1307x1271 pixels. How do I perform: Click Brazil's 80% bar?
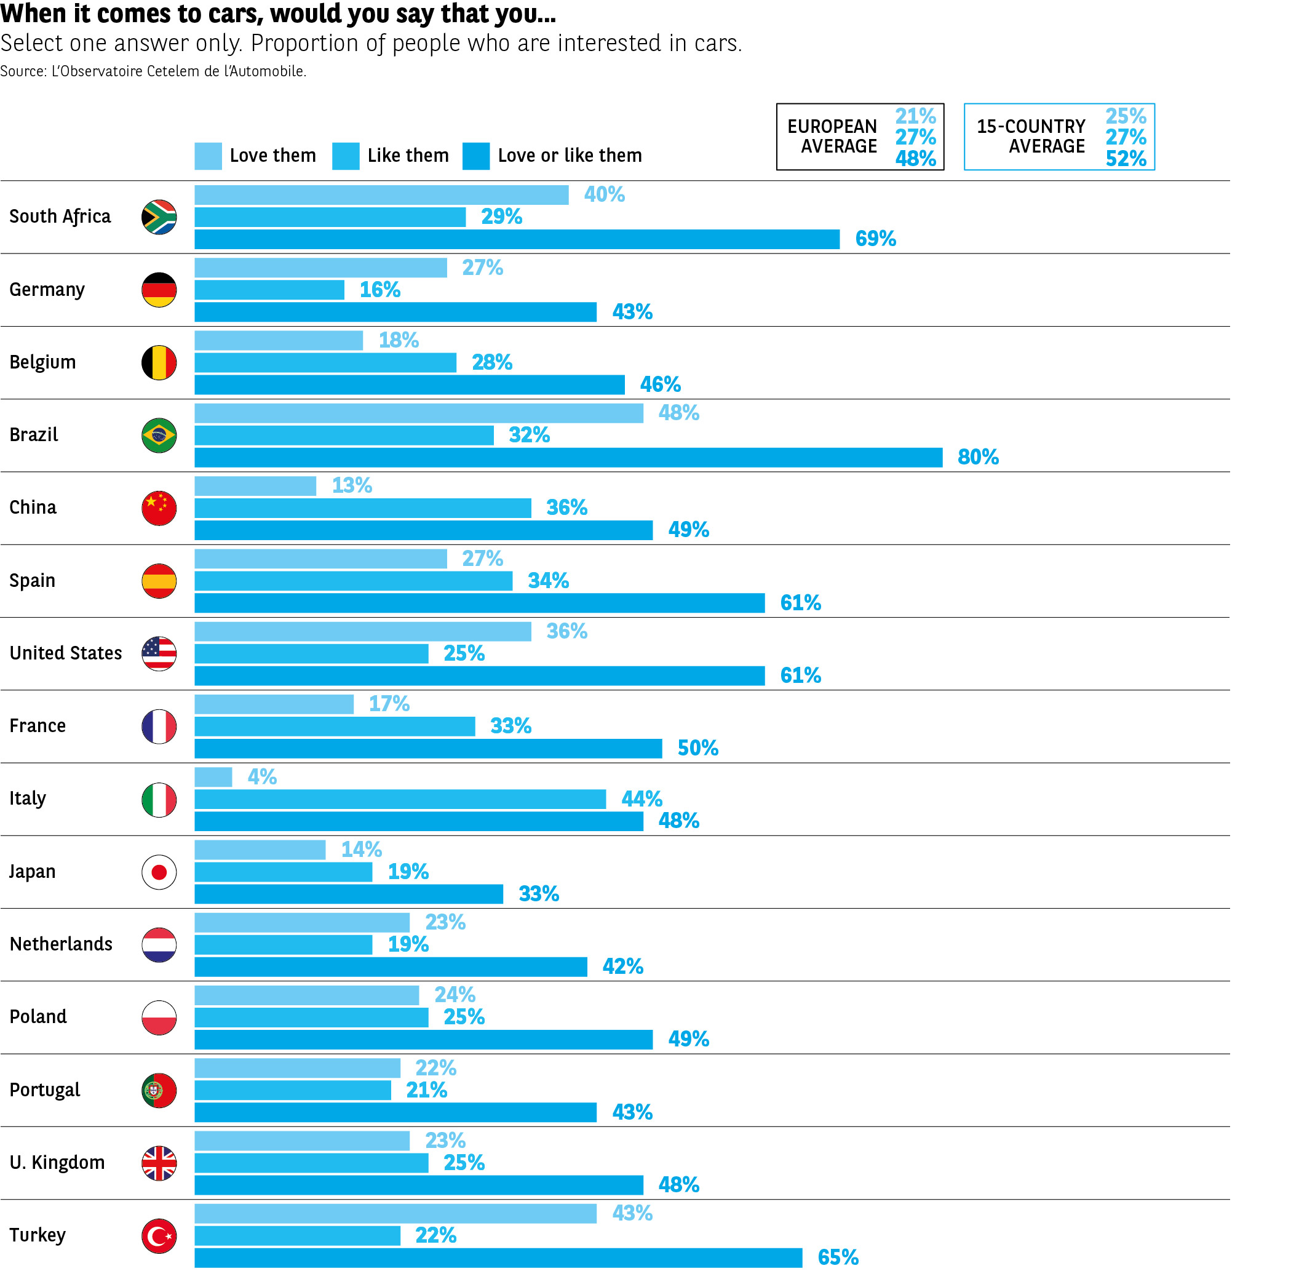pos(568,457)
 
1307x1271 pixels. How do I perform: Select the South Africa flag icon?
pos(159,217)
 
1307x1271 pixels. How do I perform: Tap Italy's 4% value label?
pos(261,776)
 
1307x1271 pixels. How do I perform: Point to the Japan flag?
pos(159,872)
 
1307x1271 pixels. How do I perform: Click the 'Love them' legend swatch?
pos(209,156)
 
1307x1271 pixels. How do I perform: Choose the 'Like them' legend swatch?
pos(346,156)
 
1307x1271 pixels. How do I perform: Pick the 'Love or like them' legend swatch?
pos(476,156)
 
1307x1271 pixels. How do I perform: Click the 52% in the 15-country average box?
pos(1126,159)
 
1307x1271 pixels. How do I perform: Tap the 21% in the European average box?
pos(915,116)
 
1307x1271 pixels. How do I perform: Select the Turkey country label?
pos(38,1235)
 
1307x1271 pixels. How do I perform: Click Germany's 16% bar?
pos(269,290)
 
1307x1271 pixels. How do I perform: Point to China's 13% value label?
pos(352,485)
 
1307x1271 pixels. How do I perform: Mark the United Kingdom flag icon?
pos(159,1163)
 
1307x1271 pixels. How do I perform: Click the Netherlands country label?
pos(61,944)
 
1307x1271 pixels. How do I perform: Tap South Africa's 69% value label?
pos(875,239)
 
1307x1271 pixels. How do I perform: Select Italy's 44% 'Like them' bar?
pos(400,799)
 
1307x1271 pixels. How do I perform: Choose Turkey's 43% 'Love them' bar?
pos(395,1213)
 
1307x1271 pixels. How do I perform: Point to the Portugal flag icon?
pos(159,1090)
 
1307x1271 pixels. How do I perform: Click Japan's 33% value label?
pos(539,894)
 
